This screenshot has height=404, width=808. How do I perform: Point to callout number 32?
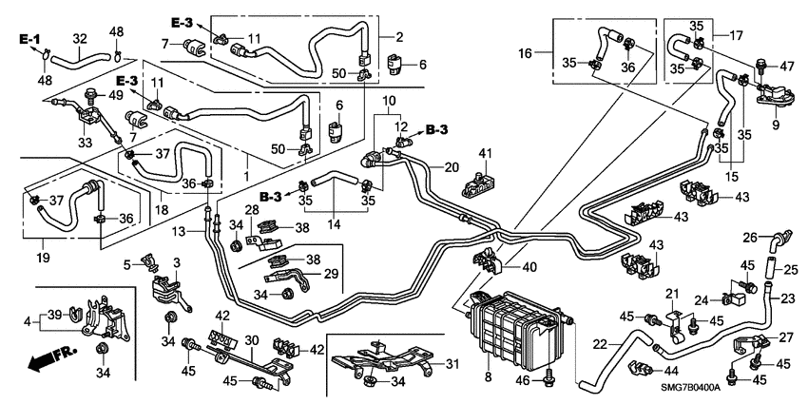(x=79, y=39)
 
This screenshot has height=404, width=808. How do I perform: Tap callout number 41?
(x=485, y=153)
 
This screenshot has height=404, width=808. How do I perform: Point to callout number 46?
(x=521, y=380)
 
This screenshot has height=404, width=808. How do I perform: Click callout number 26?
(x=749, y=237)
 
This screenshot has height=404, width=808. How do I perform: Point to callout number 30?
(x=251, y=339)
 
